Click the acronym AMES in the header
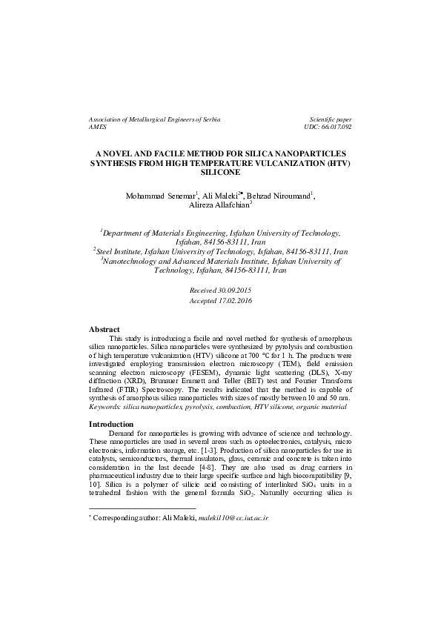click(x=98, y=127)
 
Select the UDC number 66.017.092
click(x=332, y=127)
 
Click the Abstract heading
click(x=105, y=329)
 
